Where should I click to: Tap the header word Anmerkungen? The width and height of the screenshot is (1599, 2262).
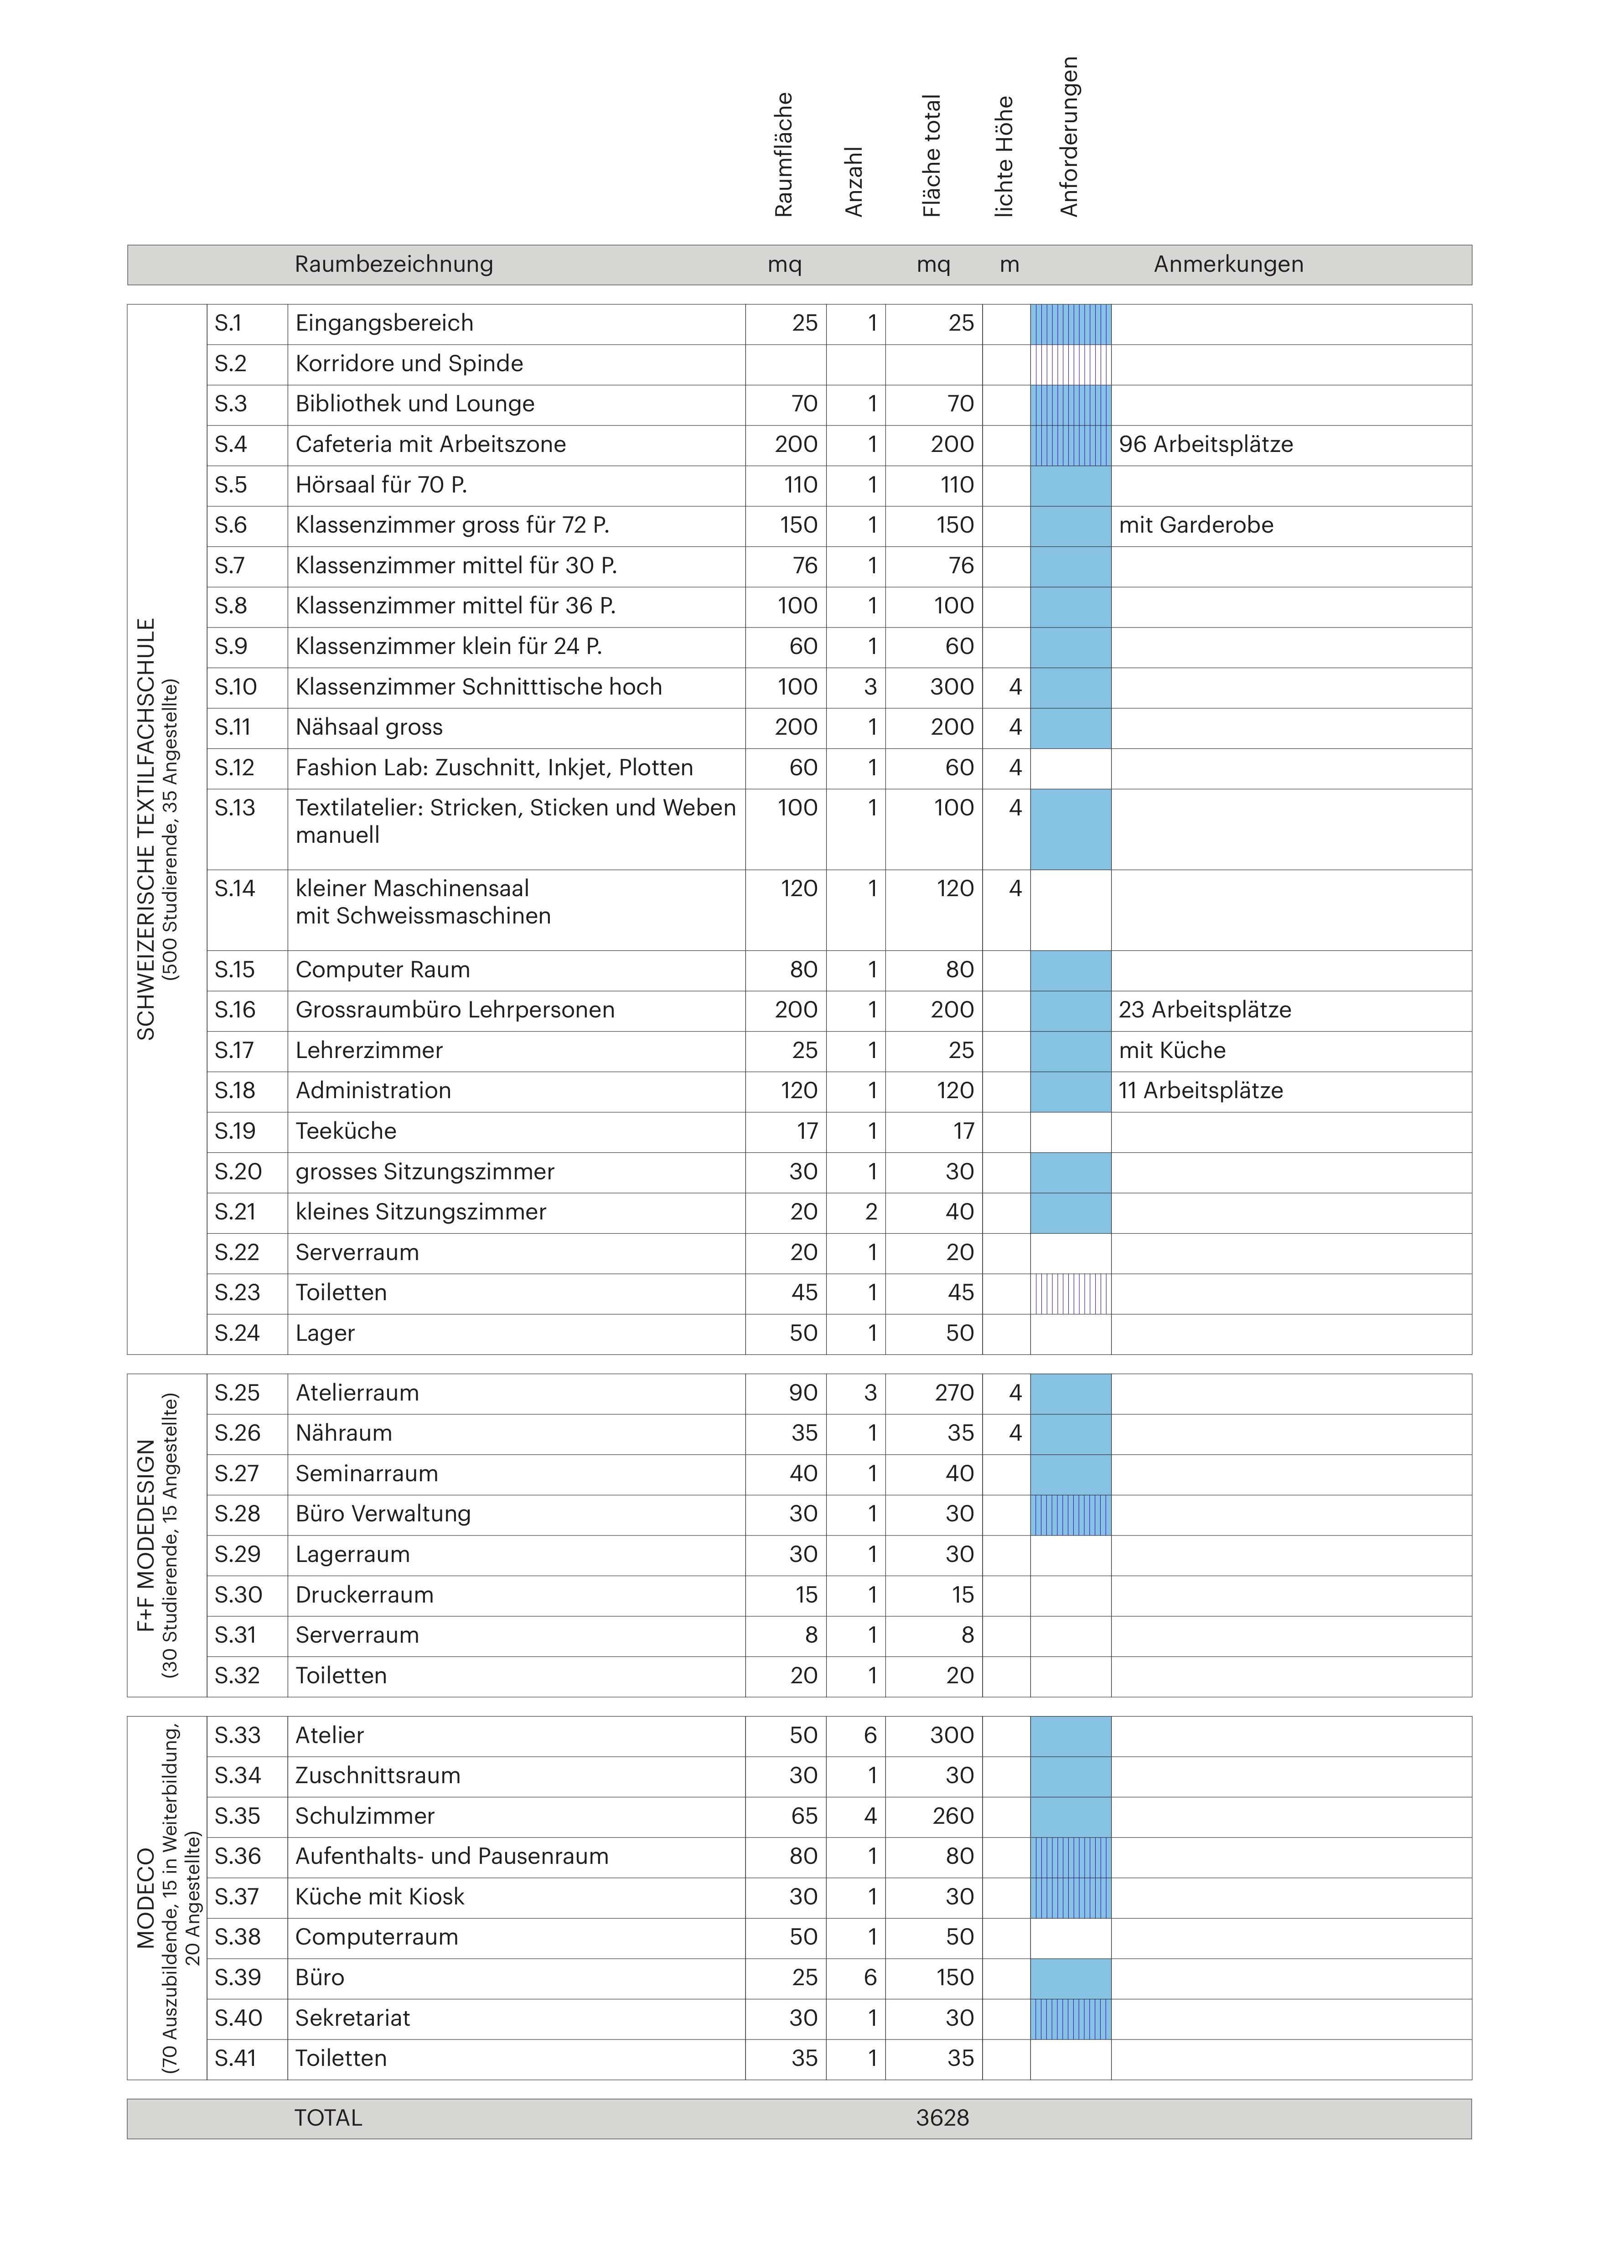pyautogui.click(x=1229, y=264)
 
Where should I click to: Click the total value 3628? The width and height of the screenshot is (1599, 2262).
pyautogui.click(x=943, y=2117)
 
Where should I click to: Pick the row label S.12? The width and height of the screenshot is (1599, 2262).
pyautogui.click(x=234, y=768)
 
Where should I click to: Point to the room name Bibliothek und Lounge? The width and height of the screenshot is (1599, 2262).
pyautogui.click(x=415, y=404)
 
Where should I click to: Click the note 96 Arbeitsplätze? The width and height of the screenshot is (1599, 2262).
pyautogui.click(x=1206, y=444)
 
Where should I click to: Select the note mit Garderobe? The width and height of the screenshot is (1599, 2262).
pyautogui.click(x=1196, y=525)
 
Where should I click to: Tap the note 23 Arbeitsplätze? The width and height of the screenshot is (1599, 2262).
pyautogui.click(x=1205, y=1010)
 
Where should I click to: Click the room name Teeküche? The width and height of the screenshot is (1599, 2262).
pyautogui.click(x=346, y=1131)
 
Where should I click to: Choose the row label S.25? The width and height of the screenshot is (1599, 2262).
pyautogui.click(x=238, y=1393)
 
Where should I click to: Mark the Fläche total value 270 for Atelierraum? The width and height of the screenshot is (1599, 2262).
pyautogui.click(x=952, y=1393)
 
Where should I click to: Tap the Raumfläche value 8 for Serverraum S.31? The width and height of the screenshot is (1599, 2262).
pyautogui.click(x=811, y=1635)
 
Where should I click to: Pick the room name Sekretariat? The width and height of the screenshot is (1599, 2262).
pyautogui.click(x=353, y=2018)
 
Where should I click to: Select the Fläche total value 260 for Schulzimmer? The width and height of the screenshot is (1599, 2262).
pyautogui.click(x=953, y=1816)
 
